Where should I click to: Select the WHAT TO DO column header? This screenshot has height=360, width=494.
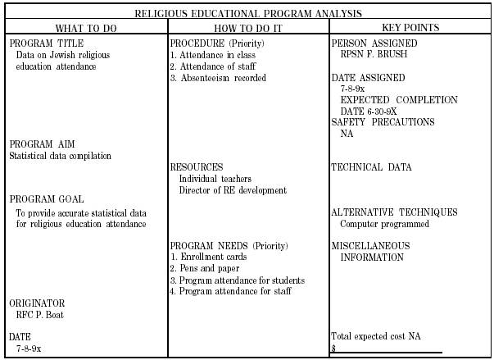click(84, 27)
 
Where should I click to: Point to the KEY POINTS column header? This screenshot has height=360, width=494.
click(410, 27)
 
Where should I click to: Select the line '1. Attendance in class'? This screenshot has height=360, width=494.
click(212, 55)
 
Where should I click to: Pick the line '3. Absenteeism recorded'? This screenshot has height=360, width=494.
click(217, 78)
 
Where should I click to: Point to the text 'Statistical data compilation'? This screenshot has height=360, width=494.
click(61, 156)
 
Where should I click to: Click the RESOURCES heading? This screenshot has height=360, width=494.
click(196, 167)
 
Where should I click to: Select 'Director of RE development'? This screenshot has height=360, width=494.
click(233, 190)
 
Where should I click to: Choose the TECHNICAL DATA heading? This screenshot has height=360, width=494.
click(371, 167)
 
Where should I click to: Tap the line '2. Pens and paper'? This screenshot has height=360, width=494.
click(204, 268)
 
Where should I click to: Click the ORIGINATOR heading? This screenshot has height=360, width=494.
click(37, 303)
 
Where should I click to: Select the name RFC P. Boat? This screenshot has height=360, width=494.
click(40, 314)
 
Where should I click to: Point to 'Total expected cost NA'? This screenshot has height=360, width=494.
click(376, 336)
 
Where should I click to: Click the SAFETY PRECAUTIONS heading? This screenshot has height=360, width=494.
click(383, 122)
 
